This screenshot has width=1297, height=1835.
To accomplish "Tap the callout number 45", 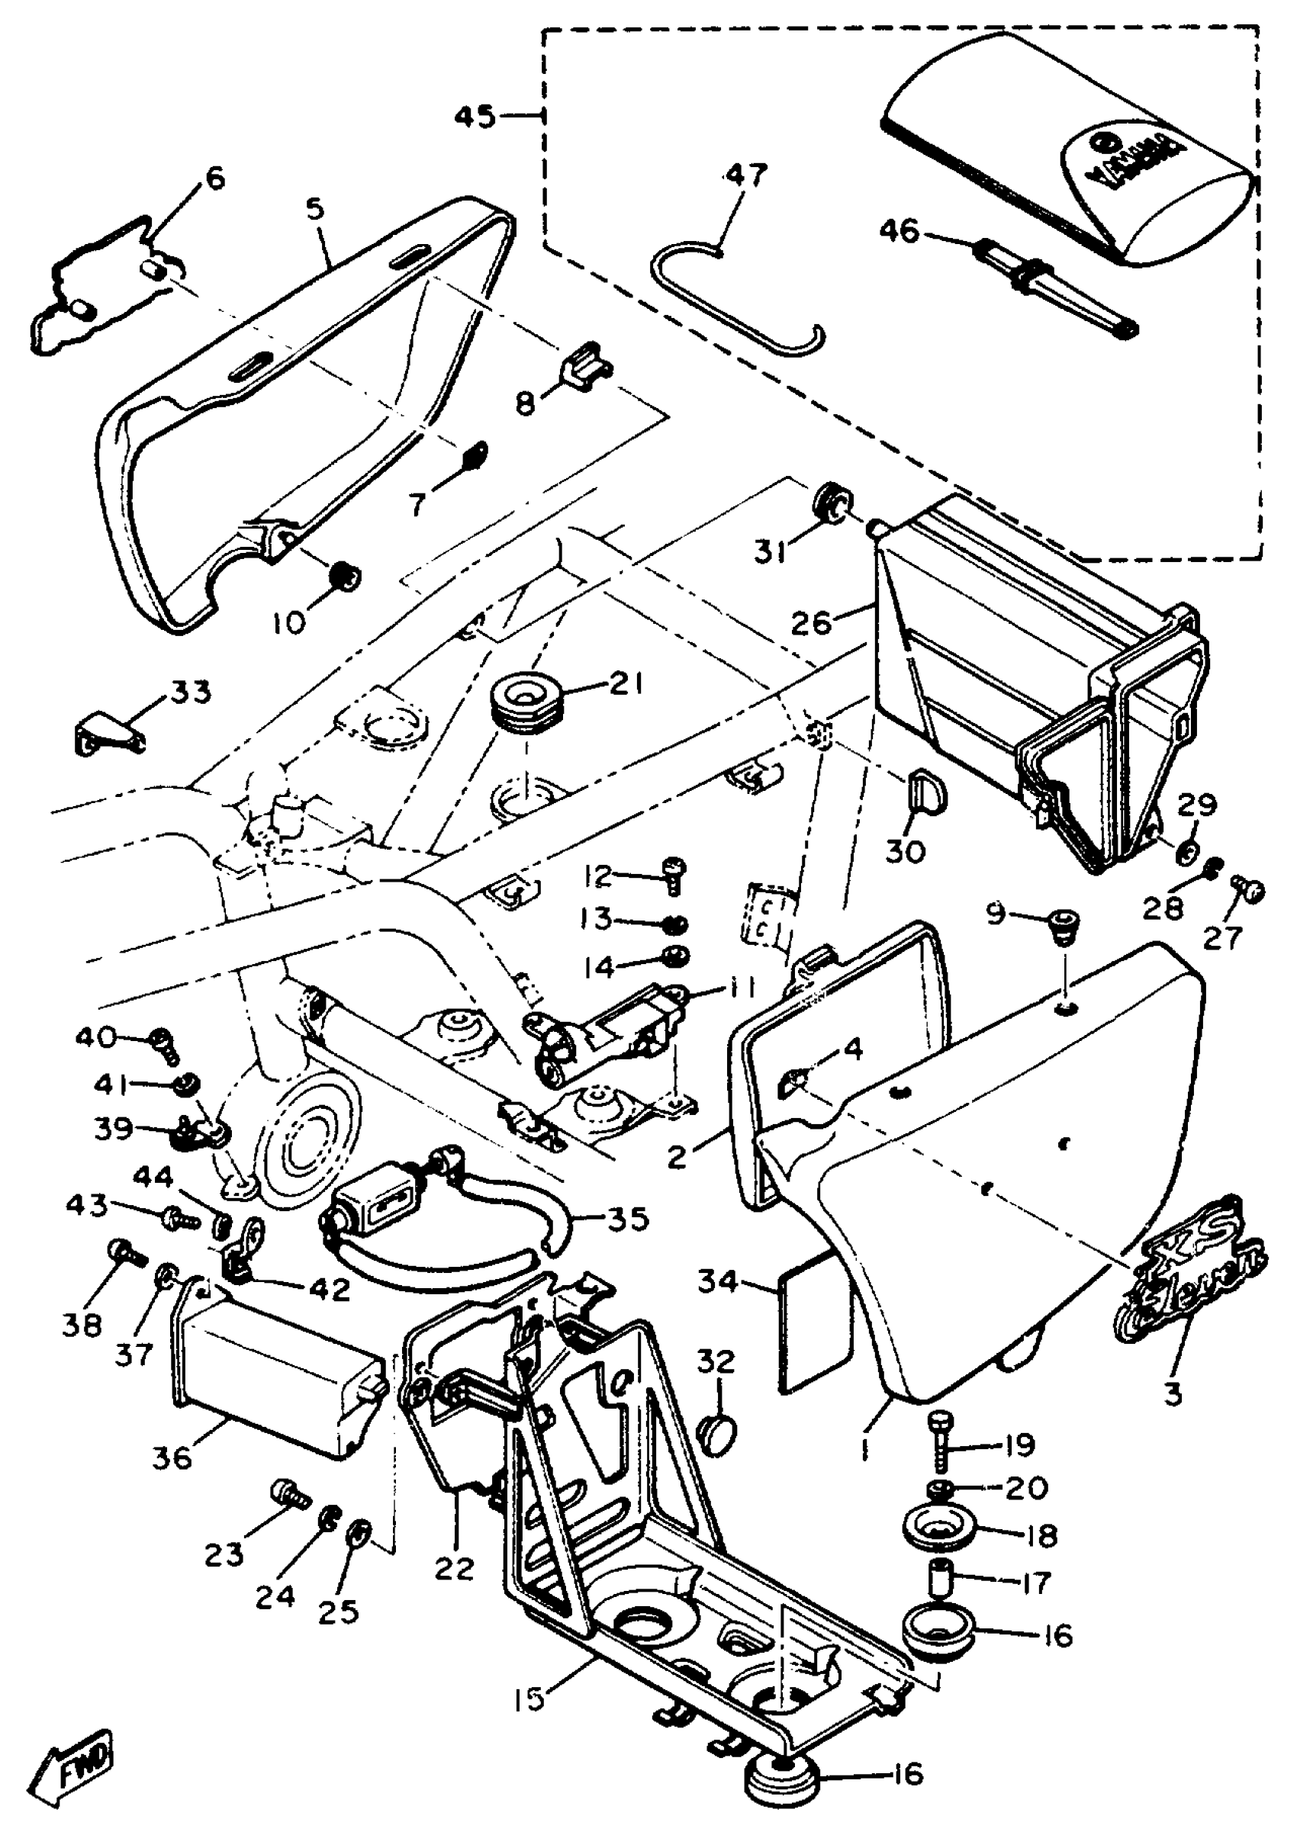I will [x=475, y=117].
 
